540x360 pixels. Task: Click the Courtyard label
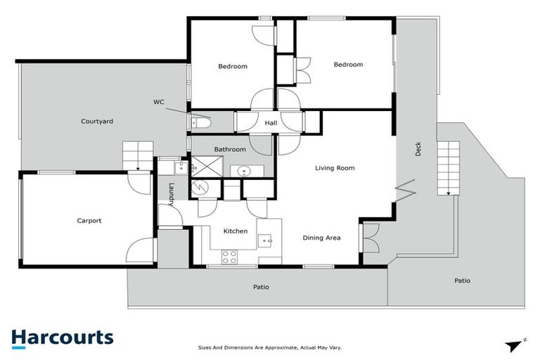pos(96,121)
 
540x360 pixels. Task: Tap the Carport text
pos(89,221)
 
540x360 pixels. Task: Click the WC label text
pos(159,102)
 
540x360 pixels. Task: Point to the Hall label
pos(271,124)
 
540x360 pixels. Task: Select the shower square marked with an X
pos(206,167)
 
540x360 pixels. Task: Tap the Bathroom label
pos(230,149)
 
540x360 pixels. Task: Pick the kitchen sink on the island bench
pos(266,241)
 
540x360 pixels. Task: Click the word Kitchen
pos(235,231)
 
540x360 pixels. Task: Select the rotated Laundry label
pos(171,191)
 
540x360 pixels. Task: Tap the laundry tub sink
pos(181,167)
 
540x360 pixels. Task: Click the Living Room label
pos(335,168)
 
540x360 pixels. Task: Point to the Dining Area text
pos(321,238)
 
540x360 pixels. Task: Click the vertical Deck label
pos(418,149)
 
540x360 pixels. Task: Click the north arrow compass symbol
pos(515,345)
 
